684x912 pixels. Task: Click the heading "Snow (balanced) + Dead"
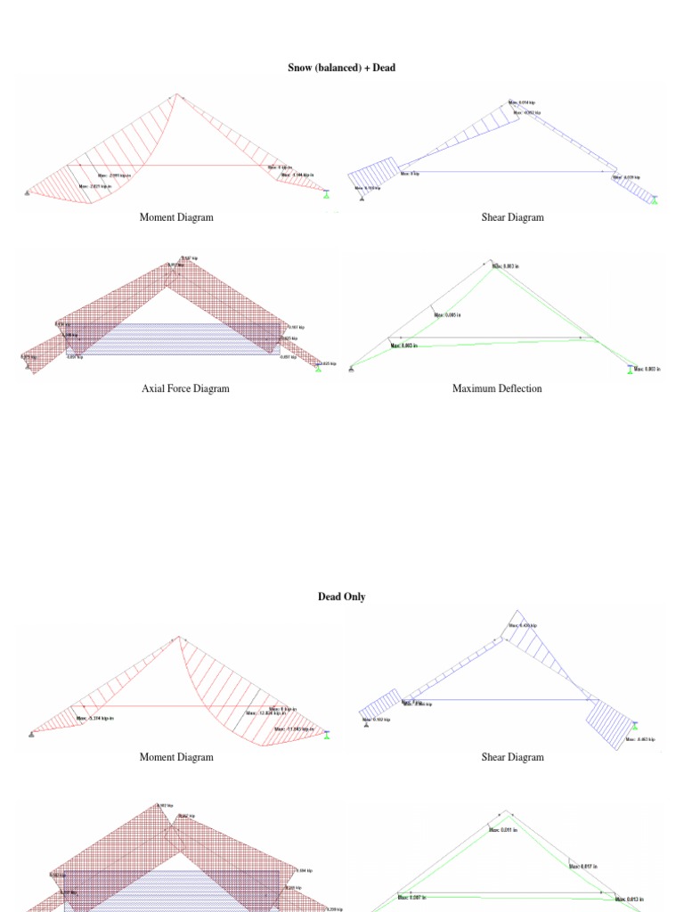point(341,68)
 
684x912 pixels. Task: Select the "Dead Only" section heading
point(341,597)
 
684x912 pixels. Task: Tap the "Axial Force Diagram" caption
point(185,388)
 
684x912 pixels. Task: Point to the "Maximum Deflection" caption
point(496,388)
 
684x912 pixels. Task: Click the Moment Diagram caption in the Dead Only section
point(176,757)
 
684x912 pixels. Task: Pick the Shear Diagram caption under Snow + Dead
point(512,217)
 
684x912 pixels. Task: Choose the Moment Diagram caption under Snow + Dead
point(176,217)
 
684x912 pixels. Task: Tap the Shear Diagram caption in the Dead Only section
point(512,757)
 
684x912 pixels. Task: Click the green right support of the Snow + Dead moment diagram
point(327,193)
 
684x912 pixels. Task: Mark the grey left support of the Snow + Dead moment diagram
point(28,192)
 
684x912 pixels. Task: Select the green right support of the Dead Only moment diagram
point(327,735)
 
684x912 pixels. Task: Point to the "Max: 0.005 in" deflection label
point(448,314)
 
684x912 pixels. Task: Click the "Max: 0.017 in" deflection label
point(584,866)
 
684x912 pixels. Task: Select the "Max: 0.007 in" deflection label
point(412,898)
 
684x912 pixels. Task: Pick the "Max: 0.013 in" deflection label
point(631,899)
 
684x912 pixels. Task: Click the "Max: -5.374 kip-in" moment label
point(95,718)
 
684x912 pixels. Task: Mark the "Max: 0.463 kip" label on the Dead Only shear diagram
point(641,739)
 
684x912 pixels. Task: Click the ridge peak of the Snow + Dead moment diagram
point(176,94)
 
